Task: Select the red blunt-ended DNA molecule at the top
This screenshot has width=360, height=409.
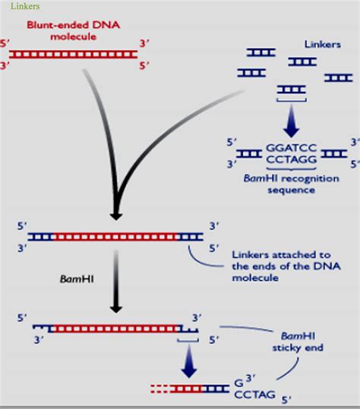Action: click(73, 55)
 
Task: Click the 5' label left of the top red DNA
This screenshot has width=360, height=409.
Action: click(6, 44)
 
